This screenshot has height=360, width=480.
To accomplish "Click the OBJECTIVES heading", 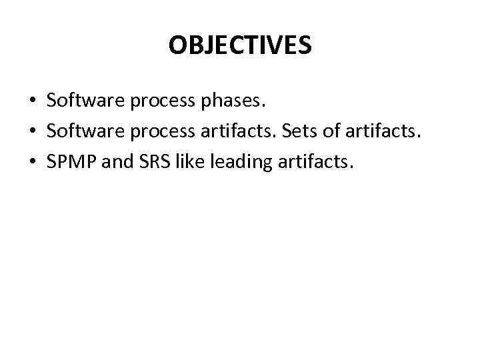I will coord(240,45).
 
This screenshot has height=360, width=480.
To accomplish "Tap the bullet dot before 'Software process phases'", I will coord(32,101).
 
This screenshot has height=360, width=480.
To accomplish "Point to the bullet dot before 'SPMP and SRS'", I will coord(32,161).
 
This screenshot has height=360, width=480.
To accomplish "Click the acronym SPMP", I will coord(69,161).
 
